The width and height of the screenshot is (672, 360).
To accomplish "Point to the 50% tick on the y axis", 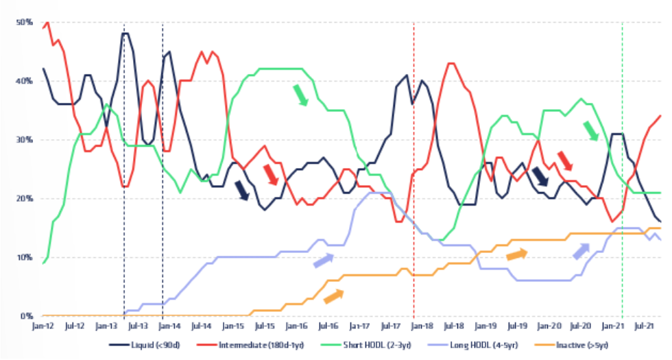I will coord(25,22).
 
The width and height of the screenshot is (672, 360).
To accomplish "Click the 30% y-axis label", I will coord(25,140).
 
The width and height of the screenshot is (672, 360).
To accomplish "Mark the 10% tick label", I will coord(25,258).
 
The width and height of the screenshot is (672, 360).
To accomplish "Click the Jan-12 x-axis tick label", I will coord(43,326).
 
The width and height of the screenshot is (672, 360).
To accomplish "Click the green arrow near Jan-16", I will coord(301,95).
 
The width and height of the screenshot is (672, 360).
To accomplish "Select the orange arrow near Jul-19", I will coord(516,254).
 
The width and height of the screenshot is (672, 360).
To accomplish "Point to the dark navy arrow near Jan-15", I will coord(241,190).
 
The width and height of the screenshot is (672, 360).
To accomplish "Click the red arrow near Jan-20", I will coord(565,161).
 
